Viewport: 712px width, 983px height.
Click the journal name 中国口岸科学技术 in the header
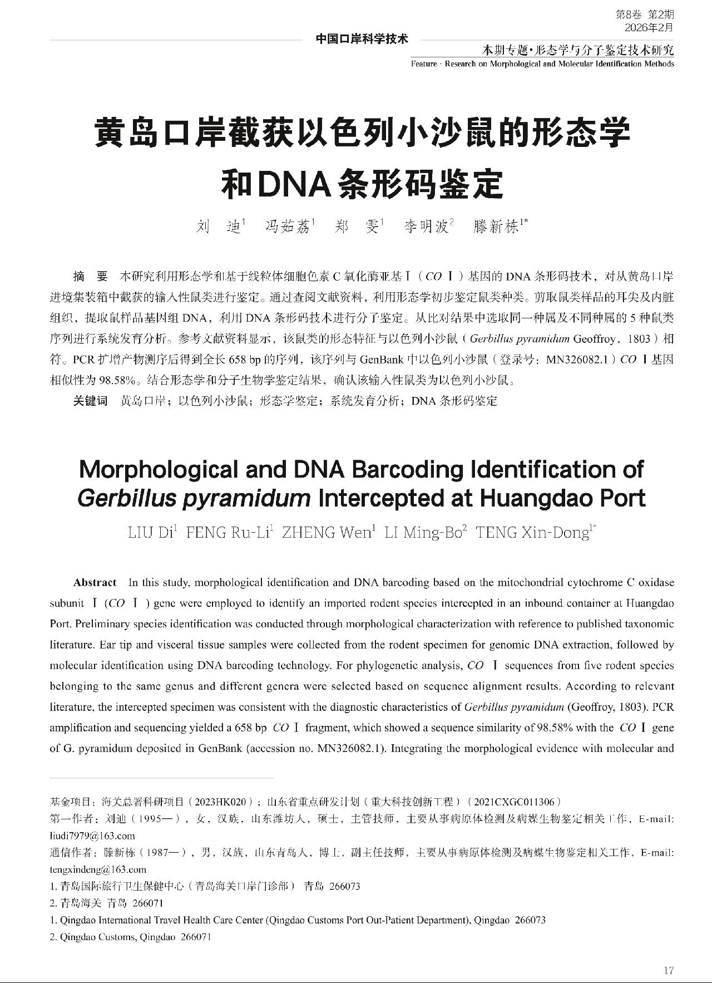(362, 39)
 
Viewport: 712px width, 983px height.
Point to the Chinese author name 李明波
(426, 227)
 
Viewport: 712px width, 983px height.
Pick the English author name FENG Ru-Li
(228, 533)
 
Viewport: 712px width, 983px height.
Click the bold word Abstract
(95, 582)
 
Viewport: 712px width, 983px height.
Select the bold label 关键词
(90, 401)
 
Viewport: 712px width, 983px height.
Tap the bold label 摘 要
(90, 277)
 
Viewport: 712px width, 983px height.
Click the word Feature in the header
(424, 63)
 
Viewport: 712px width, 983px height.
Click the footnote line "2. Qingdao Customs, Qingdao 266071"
(131, 937)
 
